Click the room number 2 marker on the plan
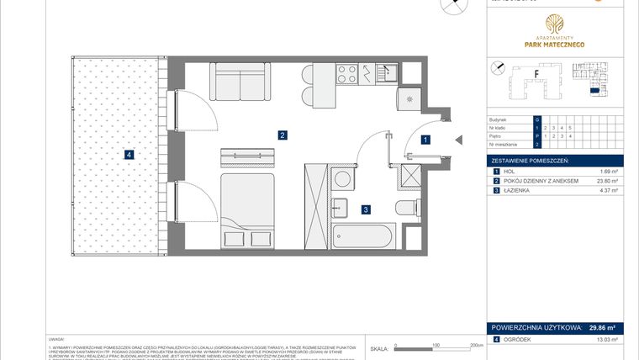coord(283,135)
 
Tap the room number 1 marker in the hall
coord(426,141)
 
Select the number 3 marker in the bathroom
coord(366,210)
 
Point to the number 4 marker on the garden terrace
coord(129,154)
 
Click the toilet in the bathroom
coord(405,209)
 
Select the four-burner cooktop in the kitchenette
coord(346,72)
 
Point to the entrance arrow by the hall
coord(457,141)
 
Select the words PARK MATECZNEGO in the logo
coord(555,44)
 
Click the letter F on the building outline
coord(536,74)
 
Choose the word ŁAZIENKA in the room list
coord(520,191)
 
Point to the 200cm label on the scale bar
coord(476,345)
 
